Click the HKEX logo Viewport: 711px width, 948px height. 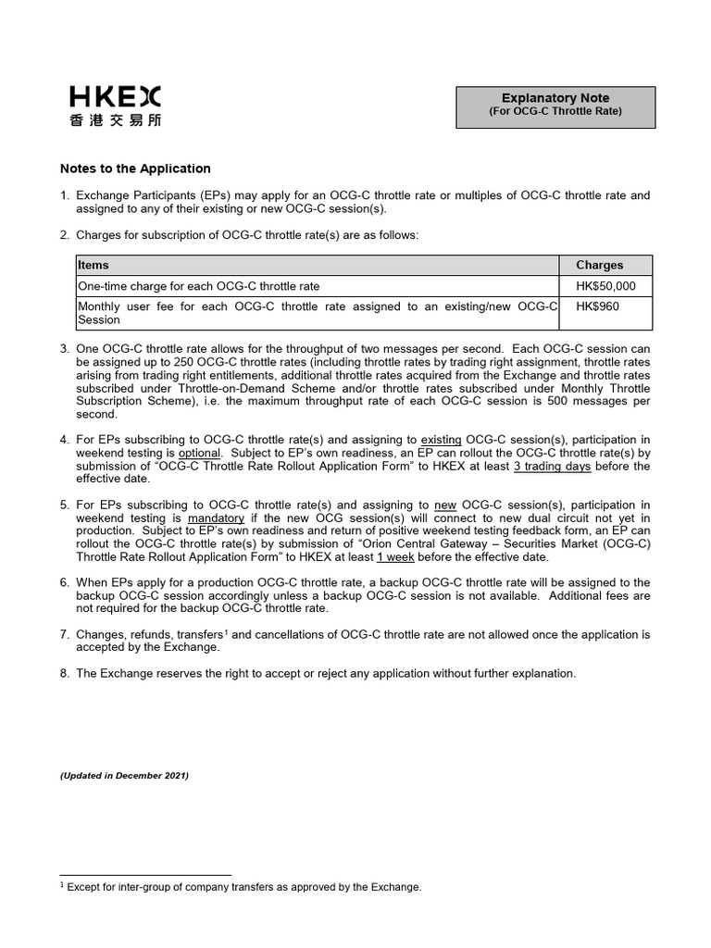tap(115, 96)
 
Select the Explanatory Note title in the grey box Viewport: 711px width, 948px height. tap(555, 98)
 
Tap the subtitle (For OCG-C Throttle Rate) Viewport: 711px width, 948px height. tap(555, 112)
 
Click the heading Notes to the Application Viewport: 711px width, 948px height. tap(135, 168)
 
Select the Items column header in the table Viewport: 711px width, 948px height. tap(94, 265)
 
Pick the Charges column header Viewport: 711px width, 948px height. tap(599, 265)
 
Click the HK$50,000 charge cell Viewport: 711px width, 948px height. tap(605, 286)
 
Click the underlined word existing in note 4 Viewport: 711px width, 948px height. tap(441, 440)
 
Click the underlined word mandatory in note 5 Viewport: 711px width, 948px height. tap(216, 518)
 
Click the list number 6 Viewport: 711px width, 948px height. tap(65, 582)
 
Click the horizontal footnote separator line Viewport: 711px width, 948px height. tap(145, 875)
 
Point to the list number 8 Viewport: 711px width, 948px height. tap(65, 673)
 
